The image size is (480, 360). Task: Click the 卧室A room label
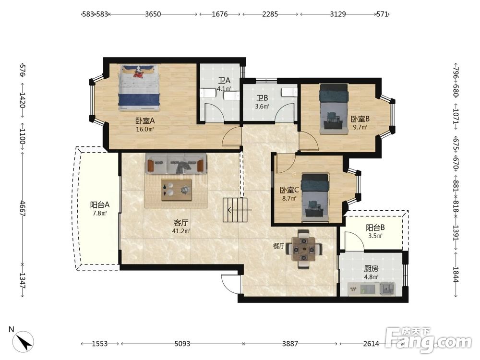pyautogui.click(x=145, y=120)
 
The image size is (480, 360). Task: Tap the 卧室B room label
pyautogui.click(x=360, y=119)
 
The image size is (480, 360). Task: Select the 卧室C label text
pyautogui.click(x=289, y=190)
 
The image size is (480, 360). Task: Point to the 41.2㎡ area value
pyautogui.click(x=181, y=231)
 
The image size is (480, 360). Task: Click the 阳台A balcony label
pyautogui.click(x=100, y=205)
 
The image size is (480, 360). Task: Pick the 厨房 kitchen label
pyautogui.click(x=371, y=269)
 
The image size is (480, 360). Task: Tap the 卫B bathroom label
pyautogui.click(x=263, y=98)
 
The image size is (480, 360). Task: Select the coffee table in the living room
pyautogui.click(x=177, y=190)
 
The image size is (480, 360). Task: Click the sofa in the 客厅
pyautogui.click(x=176, y=164)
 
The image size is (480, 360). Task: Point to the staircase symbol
pyautogui.click(x=235, y=210)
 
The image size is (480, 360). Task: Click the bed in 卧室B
pyautogui.click(x=334, y=109)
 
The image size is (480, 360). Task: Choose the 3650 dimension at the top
pyautogui.click(x=153, y=14)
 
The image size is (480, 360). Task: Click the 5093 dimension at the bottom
pyautogui.click(x=182, y=344)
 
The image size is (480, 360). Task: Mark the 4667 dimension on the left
pyautogui.click(x=22, y=208)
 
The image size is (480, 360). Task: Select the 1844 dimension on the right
pyautogui.click(x=456, y=275)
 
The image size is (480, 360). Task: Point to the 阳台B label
pyautogui.click(x=375, y=228)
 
